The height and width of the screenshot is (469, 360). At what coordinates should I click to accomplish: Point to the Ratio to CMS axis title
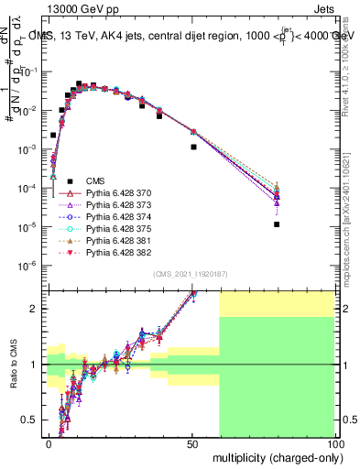tap(12, 365)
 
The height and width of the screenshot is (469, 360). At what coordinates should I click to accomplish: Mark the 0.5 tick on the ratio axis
tap(34, 420)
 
